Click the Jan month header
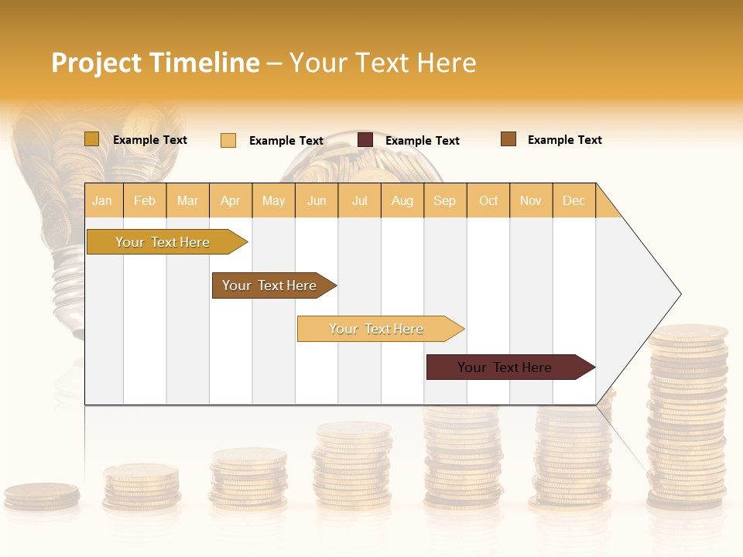pos(102,200)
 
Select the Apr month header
pos(230,200)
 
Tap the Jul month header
pos(359,200)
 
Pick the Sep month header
pos(444,200)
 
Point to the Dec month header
pos(574,200)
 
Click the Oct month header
pos(488,200)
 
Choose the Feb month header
pos(145,200)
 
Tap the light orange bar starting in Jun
pos(377,329)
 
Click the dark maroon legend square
pos(365,140)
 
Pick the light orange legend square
pos(228,140)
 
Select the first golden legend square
pos(91,139)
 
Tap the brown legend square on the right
pos(508,139)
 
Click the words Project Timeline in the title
pos(156,63)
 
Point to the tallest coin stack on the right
pos(687,418)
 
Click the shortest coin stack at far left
pos(42,496)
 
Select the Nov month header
pos(531,200)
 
